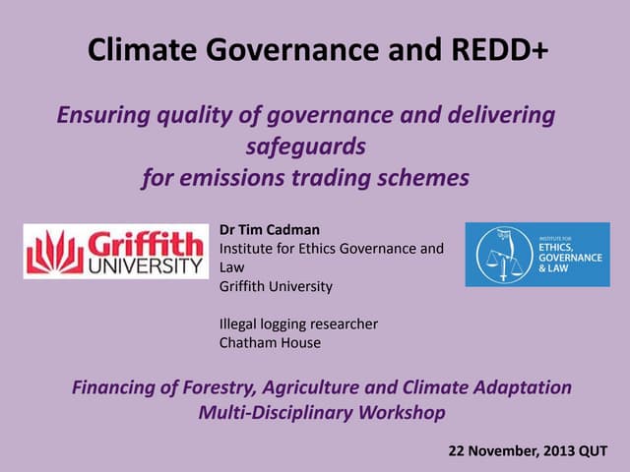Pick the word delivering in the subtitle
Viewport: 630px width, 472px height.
click(x=501, y=116)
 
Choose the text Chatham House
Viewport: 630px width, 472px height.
click(x=270, y=343)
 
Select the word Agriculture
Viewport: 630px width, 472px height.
click(x=315, y=387)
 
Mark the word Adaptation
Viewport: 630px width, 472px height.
click(x=520, y=387)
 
